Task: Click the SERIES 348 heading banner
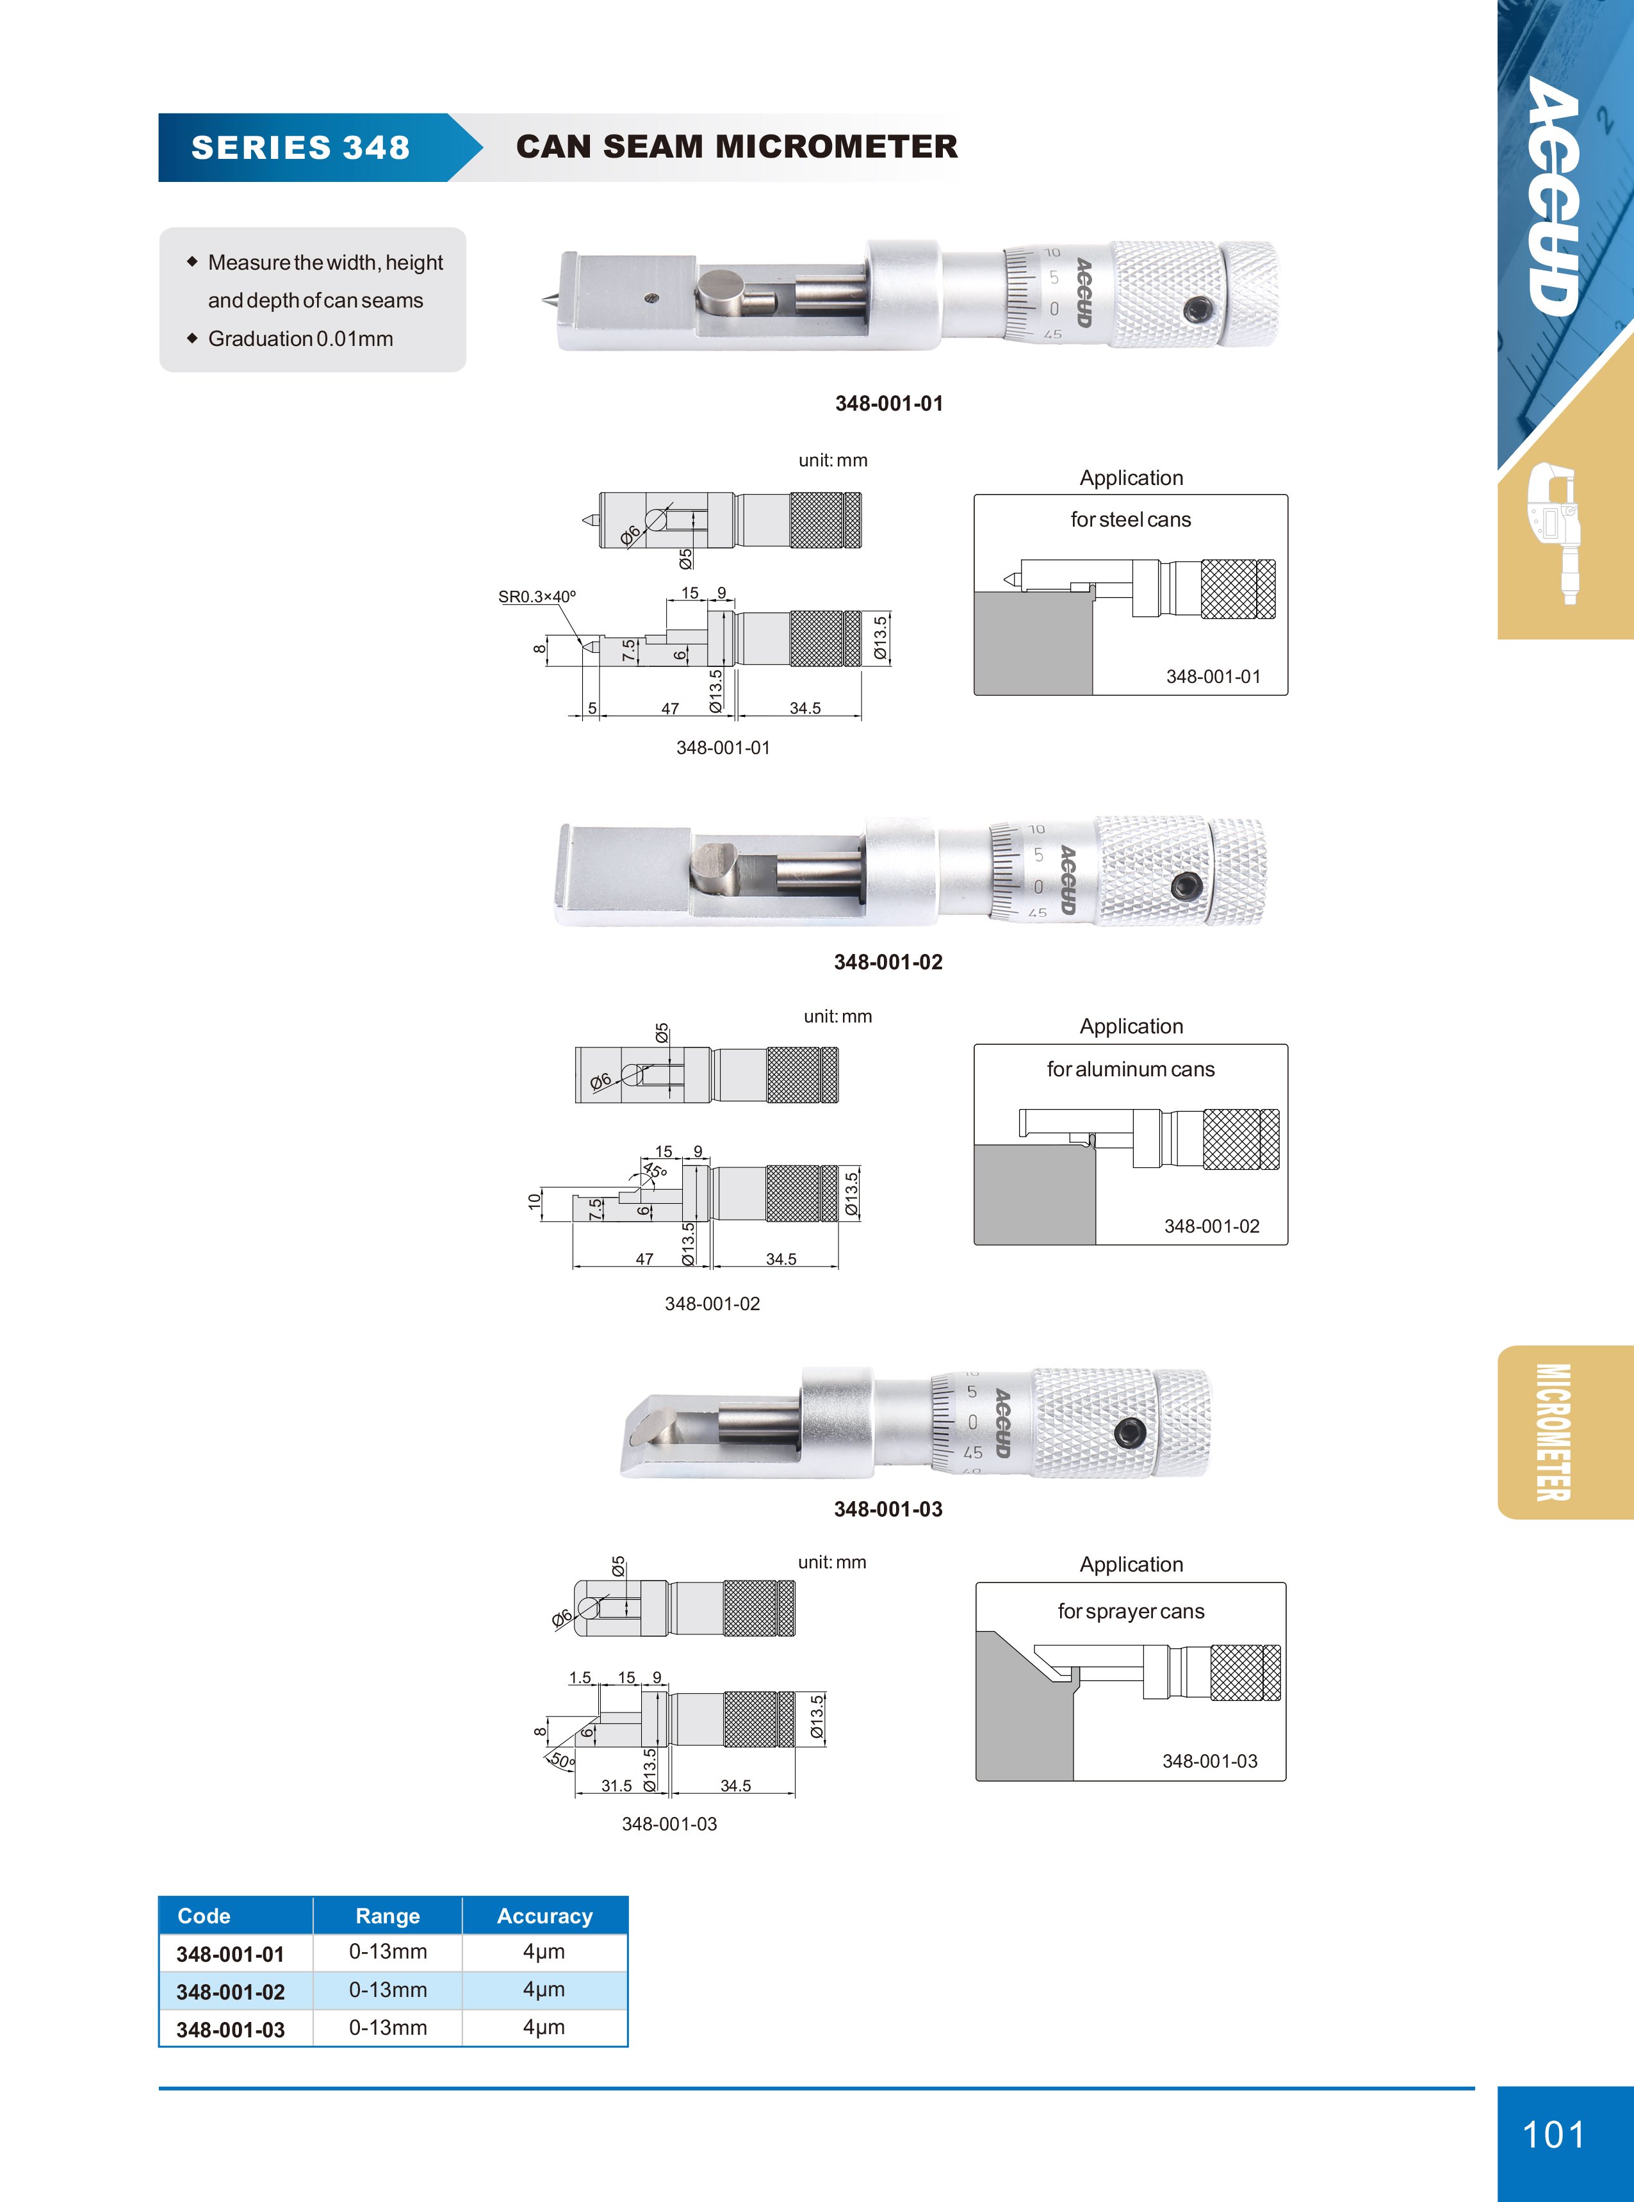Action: (300, 147)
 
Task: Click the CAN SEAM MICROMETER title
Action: (737, 147)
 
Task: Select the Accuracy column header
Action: (545, 1916)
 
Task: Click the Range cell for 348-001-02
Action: (388, 1989)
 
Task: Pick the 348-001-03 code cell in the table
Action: (231, 2030)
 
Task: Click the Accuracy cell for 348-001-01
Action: (544, 1951)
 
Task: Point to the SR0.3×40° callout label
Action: (537, 596)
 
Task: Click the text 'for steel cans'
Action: (1131, 520)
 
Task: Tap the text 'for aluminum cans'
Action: (1131, 1069)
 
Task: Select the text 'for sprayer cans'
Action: (1131, 1611)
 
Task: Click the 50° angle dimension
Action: (561, 1760)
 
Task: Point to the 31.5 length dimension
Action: (616, 1786)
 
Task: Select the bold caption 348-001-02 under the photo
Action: (888, 962)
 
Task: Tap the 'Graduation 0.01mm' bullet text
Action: (300, 338)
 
